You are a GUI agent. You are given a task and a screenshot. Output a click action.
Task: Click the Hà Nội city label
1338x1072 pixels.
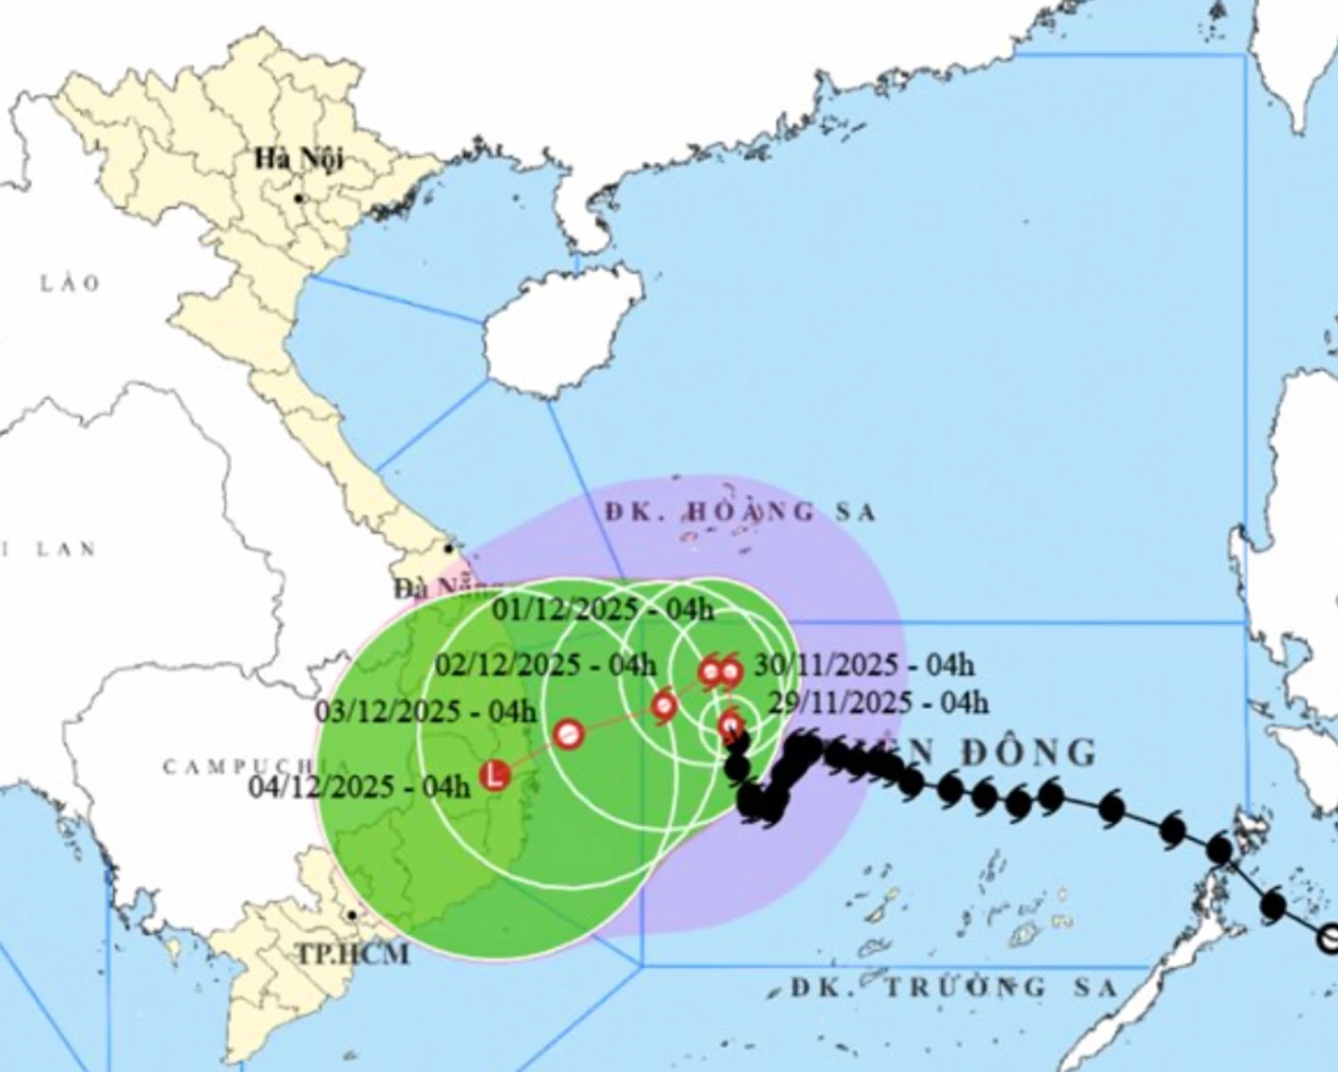click(298, 159)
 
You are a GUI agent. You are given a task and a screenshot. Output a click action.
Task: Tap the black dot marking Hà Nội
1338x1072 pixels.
click(299, 199)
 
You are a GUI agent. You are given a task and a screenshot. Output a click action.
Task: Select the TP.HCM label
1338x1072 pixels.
click(353, 954)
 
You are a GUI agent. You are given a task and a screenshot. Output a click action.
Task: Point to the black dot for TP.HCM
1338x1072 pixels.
click(353, 915)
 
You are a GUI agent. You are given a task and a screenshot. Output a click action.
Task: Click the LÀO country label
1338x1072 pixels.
click(70, 284)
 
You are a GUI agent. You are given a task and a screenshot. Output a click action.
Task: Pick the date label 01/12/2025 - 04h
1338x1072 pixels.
click(603, 610)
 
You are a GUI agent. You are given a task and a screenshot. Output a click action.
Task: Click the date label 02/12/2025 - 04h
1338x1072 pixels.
click(546, 665)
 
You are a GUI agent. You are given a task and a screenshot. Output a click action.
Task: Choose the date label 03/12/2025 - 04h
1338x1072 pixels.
click(426, 712)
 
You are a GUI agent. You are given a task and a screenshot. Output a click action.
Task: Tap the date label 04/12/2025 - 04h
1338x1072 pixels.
click(360, 787)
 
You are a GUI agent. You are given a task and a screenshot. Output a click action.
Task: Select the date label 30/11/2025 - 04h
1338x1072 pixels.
click(864, 665)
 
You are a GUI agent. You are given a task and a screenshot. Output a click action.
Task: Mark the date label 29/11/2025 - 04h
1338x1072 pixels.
click(878, 703)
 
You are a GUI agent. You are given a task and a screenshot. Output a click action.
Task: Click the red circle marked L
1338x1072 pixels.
click(495, 775)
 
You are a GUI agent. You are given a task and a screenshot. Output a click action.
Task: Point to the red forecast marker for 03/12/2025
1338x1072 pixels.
click(569, 734)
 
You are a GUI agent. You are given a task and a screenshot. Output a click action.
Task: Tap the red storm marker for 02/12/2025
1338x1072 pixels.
click(664, 706)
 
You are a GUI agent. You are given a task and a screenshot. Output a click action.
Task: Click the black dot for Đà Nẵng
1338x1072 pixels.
click(449, 549)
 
